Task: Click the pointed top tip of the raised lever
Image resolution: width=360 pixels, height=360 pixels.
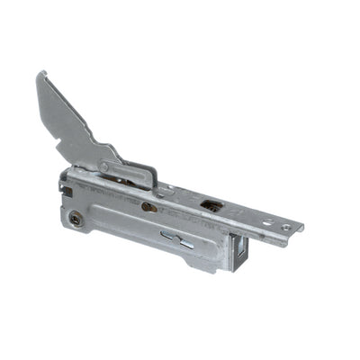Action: [x=40, y=74]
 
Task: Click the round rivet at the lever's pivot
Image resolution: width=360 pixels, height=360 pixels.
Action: [x=104, y=166]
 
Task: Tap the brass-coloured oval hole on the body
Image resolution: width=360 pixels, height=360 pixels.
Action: [x=149, y=207]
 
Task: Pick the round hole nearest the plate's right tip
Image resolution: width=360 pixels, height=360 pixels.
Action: [x=286, y=227]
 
